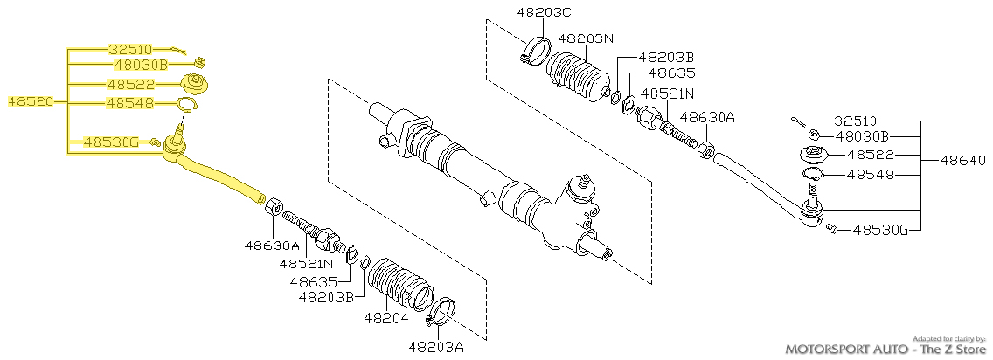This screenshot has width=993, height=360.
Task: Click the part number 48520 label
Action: [x=30, y=101]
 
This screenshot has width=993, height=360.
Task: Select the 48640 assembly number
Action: [x=964, y=161]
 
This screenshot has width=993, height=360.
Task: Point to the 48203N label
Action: [x=586, y=38]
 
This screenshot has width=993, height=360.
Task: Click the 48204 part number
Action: [x=385, y=318]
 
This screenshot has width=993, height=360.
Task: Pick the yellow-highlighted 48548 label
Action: [x=130, y=103]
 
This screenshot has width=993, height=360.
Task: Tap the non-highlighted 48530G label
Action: [x=881, y=230]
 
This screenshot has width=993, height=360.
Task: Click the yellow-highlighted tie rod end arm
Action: [x=219, y=175]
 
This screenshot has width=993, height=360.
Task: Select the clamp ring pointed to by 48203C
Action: [x=536, y=52]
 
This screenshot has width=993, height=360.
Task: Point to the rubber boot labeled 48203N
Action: [x=579, y=78]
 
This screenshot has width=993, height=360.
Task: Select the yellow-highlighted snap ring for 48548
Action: [x=186, y=106]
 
